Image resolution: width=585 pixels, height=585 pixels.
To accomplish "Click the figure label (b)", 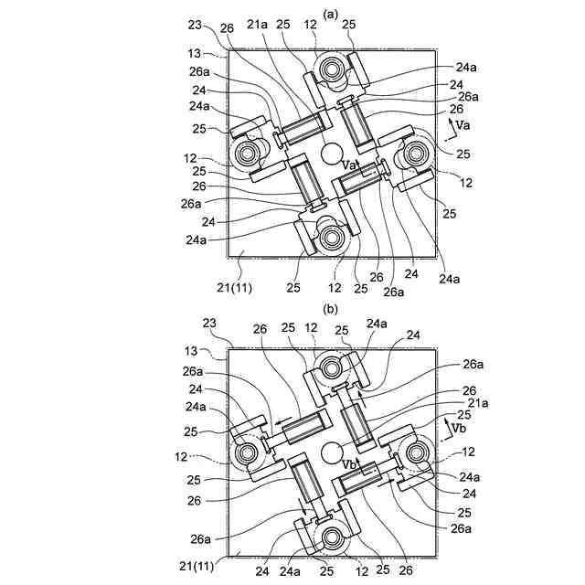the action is (330, 309).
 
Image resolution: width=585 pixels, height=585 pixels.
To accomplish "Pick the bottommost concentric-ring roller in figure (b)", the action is (331, 537).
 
